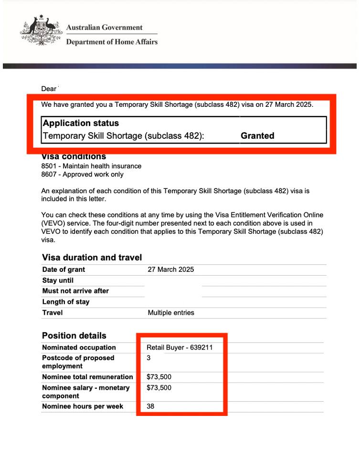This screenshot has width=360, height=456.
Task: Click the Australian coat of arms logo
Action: click(41, 31)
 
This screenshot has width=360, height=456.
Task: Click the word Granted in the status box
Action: click(257, 136)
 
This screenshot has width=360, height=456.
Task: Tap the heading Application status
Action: click(81, 123)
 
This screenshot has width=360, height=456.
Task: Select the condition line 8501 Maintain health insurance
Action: click(91, 166)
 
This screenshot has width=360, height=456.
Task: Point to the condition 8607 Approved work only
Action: click(82, 174)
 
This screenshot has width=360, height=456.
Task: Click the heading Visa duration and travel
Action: click(92, 258)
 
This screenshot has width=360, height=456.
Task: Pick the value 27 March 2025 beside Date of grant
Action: click(170, 269)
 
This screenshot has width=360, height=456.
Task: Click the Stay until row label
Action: click(58, 280)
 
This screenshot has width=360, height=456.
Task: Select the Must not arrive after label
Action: click(75, 291)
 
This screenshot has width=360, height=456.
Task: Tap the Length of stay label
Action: click(65, 302)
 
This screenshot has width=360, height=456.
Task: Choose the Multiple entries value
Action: click(171, 313)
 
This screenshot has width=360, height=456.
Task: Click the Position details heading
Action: click(74, 335)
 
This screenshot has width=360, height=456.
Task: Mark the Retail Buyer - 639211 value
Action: click(180, 348)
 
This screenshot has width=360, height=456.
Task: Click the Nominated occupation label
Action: click(79, 348)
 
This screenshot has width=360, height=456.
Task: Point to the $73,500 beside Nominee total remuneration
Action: click(159, 377)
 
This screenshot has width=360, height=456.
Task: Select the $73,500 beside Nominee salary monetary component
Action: click(159, 388)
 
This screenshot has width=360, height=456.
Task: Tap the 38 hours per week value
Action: click(151, 406)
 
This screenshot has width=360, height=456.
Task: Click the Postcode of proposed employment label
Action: click(78, 362)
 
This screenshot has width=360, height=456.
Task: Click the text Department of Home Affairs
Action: click(112, 42)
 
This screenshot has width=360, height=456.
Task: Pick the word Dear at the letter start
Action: click(49, 89)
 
